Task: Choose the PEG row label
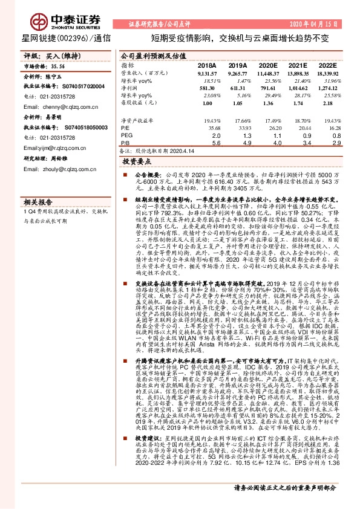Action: click(x=126, y=135)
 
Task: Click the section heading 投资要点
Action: click(x=137, y=163)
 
